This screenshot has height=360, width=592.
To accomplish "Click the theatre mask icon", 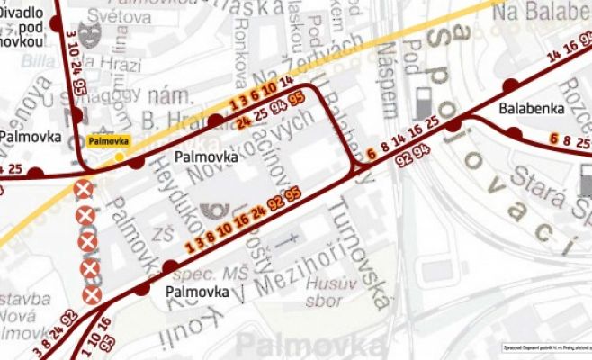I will coord(87,37).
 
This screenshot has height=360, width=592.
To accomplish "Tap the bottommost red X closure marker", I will coord(90,294).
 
